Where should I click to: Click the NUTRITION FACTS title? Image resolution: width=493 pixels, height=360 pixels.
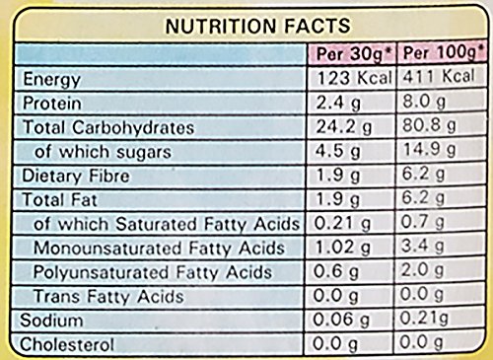point(258,26)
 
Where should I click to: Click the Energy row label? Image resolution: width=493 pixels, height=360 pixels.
point(52,80)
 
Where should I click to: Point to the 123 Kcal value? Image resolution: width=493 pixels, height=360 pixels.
point(355,78)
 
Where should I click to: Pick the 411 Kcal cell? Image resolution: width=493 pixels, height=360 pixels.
point(439,76)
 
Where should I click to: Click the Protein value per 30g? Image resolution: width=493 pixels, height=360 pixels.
point(338,103)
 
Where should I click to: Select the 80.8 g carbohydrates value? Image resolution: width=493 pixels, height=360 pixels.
point(429,125)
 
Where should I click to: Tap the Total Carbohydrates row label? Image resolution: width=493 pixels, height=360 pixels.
point(108,127)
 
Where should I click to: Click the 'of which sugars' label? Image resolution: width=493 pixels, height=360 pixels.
point(103,152)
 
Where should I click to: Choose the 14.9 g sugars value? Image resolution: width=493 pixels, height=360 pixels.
point(429,150)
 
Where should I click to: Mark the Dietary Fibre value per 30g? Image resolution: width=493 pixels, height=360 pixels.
point(337,176)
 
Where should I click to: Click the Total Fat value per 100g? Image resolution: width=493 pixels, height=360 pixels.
point(423,198)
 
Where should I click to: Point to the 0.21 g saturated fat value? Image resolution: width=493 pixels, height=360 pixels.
point(342,224)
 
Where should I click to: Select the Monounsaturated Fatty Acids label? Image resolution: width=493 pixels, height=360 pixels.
point(159,248)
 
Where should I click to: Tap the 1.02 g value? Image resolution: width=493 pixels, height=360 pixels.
point(342,248)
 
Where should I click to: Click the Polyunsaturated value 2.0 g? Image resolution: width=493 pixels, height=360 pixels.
point(422,270)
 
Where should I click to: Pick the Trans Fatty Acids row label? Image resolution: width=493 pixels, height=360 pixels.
point(108,297)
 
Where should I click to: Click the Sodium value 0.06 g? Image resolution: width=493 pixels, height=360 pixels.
point(341,320)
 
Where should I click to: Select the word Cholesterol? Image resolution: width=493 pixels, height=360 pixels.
point(67,345)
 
